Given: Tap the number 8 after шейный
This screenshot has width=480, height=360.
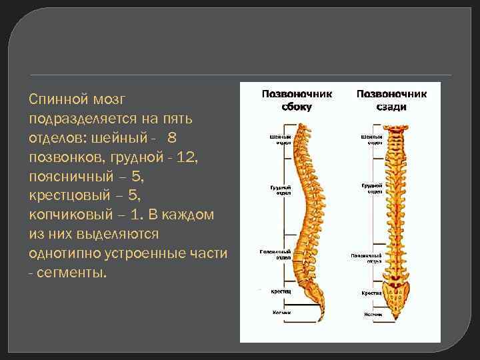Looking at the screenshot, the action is (173, 138).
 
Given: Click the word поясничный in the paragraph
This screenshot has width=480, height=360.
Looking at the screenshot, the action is (69, 177).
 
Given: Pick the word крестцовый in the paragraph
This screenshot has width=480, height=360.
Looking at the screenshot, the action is (69, 196).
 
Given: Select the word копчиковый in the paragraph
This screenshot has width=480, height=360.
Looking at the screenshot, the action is (69, 215).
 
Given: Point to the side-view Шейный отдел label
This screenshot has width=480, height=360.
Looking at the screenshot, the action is (281, 140).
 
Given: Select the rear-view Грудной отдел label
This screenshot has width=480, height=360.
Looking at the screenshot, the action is (371, 189).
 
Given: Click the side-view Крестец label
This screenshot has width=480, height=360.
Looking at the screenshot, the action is (280, 291).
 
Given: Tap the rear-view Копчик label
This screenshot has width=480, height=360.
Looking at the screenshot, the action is (373, 313).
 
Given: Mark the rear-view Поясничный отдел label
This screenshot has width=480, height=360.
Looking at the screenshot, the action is (366, 257).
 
